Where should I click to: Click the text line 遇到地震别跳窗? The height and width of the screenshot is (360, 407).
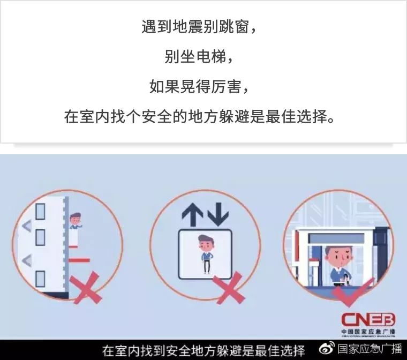[x=199, y=27]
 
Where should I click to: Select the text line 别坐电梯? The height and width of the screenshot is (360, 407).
[x=199, y=57]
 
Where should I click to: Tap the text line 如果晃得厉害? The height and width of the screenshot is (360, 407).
[x=199, y=86]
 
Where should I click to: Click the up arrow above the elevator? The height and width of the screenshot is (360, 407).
[x=190, y=214]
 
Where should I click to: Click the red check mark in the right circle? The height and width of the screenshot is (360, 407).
[x=348, y=292]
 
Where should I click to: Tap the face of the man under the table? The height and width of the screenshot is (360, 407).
[x=337, y=256]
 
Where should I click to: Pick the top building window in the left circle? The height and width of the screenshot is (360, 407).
[x=40, y=212]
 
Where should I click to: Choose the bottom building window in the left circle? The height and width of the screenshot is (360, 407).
[x=40, y=279]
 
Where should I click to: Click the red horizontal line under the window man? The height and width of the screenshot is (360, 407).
[x=79, y=260]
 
